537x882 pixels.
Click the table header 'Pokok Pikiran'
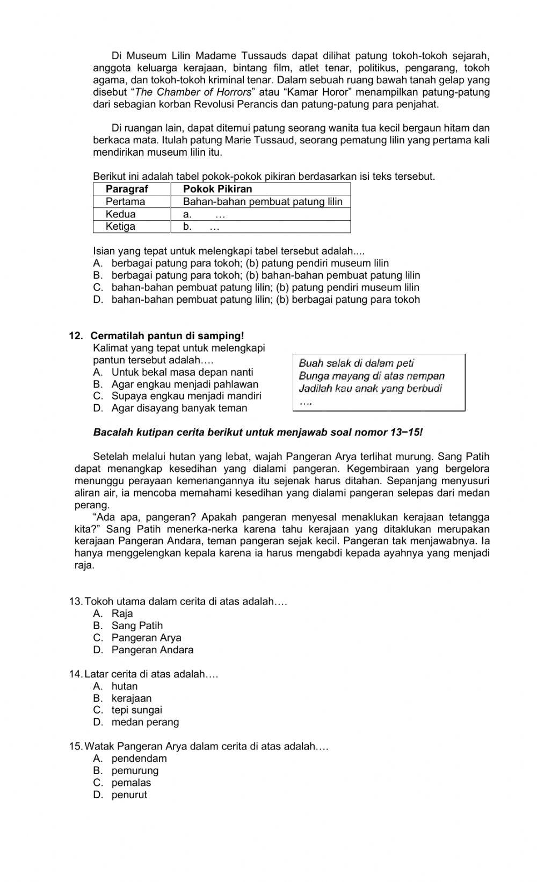click(217, 189)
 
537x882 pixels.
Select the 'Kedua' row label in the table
click(121, 214)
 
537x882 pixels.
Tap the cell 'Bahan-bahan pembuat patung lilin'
click(263, 201)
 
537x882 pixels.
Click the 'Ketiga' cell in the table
click(120, 226)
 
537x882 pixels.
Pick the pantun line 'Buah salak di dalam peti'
click(356, 363)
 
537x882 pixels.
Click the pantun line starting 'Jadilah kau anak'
click(370, 388)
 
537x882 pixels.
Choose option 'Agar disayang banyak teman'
click(179, 408)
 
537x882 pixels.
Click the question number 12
click(76, 336)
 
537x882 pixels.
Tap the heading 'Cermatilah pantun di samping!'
click(167, 336)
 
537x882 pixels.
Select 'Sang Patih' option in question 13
click(137, 625)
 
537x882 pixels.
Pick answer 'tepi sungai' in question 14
click(136, 710)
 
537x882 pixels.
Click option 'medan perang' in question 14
click(145, 722)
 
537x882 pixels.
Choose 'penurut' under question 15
click(129, 795)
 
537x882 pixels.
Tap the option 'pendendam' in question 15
click(139, 759)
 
